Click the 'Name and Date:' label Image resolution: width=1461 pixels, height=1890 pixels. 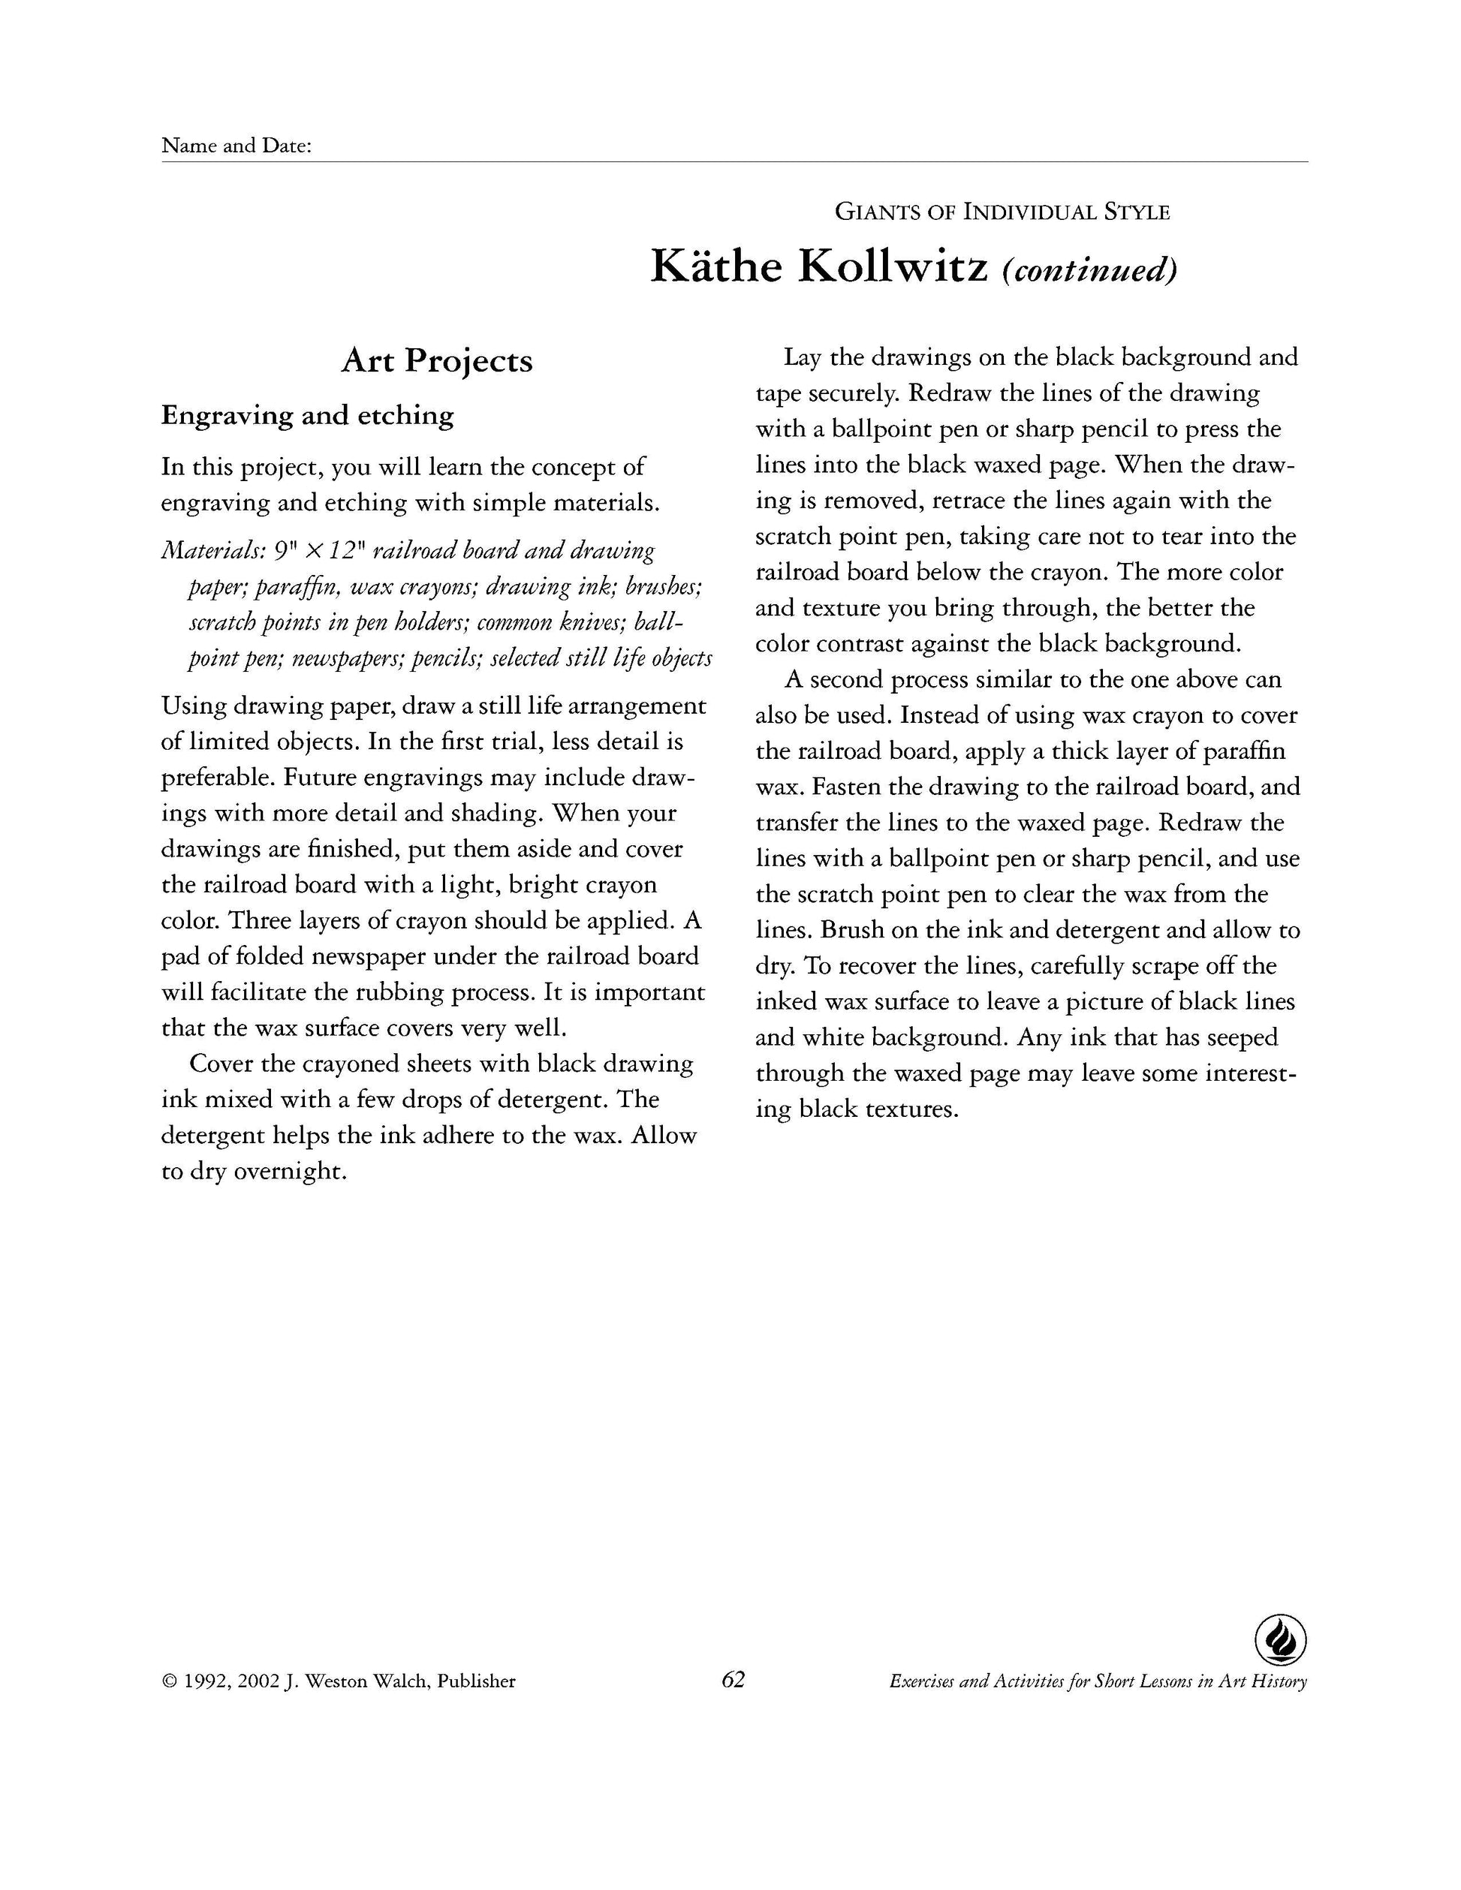[236, 146]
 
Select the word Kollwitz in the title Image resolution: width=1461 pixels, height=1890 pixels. [893, 266]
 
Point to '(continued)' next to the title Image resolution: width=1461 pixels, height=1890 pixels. [1089, 270]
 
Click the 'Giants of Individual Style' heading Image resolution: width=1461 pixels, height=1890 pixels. [1002, 212]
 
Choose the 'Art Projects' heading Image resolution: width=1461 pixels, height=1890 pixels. [436, 361]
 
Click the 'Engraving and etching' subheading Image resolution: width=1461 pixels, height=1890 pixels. [307, 415]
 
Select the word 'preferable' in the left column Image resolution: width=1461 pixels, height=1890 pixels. [218, 777]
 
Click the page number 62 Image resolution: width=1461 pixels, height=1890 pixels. [733, 1680]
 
